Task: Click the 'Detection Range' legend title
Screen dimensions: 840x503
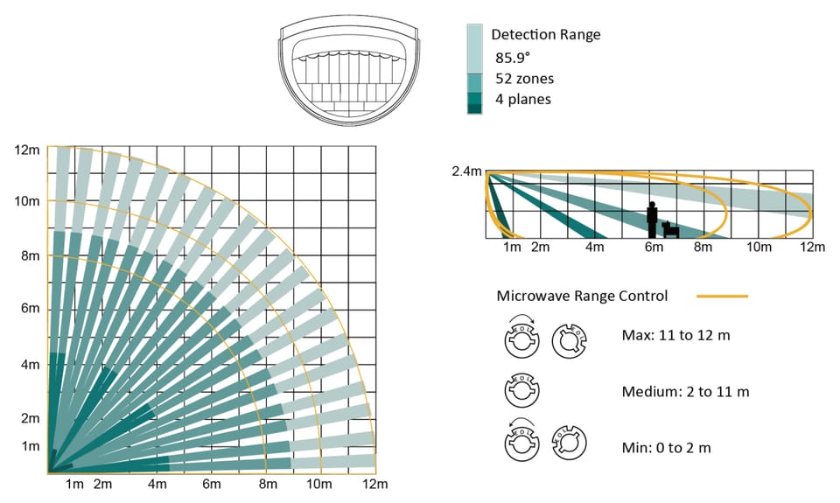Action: (545, 35)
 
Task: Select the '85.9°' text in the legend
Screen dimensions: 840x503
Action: (513, 58)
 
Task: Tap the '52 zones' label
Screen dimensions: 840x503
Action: (524, 79)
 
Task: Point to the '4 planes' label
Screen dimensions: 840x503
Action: (523, 99)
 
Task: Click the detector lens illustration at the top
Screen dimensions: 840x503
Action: (349, 73)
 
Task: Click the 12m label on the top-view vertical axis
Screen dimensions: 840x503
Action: (27, 150)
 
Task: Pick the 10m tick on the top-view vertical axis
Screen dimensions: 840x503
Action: (27, 201)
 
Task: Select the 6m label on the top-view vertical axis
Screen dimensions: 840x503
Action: (30, 309)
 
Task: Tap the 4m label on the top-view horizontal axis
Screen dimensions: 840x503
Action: (157, 485)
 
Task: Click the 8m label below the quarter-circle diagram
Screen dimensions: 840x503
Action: (268, 485)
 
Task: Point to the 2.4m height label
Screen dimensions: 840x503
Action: (466, 171)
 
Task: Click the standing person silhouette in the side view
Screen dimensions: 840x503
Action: (652, 220)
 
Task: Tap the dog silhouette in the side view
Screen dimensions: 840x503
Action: (671, 229)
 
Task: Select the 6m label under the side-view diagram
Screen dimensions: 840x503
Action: (654, 247)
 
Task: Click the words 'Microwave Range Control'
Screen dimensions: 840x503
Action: (583, 297)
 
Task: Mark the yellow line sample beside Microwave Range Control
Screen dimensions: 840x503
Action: (722, 296)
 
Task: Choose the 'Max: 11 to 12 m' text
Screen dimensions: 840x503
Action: (675, 335)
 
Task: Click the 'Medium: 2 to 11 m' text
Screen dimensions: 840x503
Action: (685, 392)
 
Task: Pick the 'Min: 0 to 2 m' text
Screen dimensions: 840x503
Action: (666, 448)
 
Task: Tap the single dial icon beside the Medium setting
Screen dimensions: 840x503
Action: (521, 390)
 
